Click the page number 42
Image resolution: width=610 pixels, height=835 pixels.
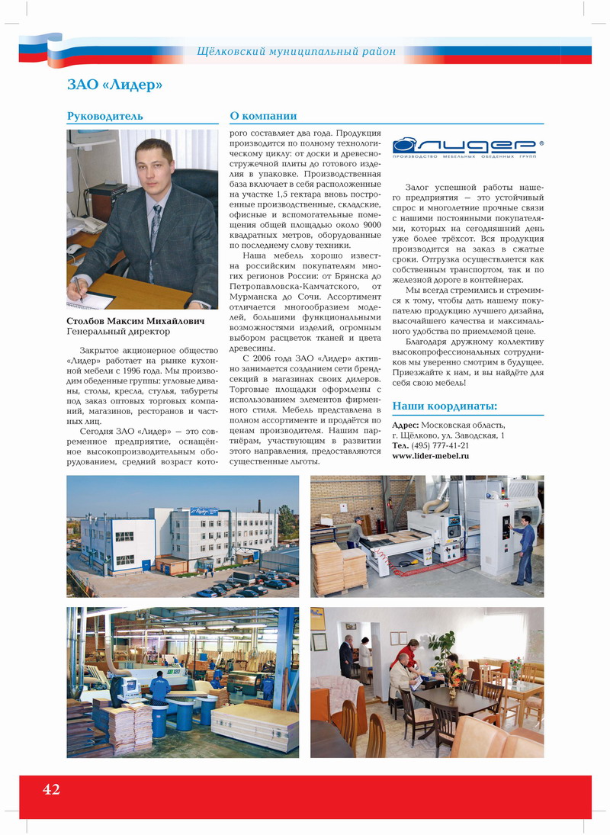coord(51,789)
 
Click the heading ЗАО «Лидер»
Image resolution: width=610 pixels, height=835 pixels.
coord(115,85)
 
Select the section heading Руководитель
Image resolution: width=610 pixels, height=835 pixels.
coord(105,116)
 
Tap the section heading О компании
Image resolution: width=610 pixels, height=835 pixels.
coord(263,116)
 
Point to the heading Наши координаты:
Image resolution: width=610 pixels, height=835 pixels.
coord(445,406)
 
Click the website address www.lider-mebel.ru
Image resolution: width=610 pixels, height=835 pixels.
coord(430,455)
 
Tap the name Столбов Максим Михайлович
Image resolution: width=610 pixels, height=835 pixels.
coord(136,322)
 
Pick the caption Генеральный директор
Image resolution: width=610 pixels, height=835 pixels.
coord(118,332)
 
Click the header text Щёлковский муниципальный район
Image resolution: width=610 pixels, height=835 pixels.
coord(297,52)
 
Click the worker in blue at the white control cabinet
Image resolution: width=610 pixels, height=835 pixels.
coord(525,547)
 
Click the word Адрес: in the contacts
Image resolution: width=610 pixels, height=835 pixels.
coord(405,426)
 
